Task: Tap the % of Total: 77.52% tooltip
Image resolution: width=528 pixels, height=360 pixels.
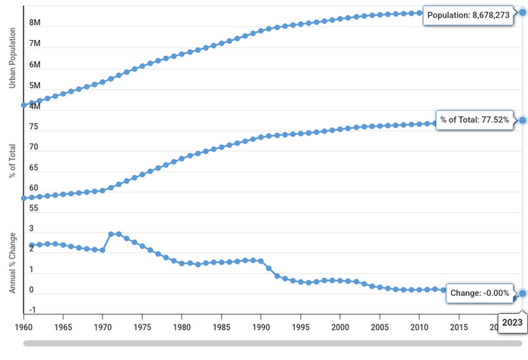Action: pos(474,120)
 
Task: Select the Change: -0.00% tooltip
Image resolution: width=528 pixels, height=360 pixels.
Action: pos(480,293)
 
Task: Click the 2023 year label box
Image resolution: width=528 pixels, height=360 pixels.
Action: pos(512,322)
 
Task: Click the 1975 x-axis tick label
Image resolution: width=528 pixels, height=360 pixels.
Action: pos(142,328)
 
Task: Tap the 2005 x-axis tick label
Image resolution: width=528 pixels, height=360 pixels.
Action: pos(380,328)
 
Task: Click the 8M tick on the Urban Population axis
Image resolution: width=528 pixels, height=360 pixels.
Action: pos(35,23)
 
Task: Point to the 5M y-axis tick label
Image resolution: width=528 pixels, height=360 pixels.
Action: pos(35,85)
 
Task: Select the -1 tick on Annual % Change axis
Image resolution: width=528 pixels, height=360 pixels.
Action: pos(33,310)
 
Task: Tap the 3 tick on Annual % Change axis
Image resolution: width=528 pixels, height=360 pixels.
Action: pos(32,229)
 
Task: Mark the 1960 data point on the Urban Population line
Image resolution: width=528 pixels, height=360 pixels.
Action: pos(24,105)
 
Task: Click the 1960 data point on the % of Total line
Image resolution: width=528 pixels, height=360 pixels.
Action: pos(24,198)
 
